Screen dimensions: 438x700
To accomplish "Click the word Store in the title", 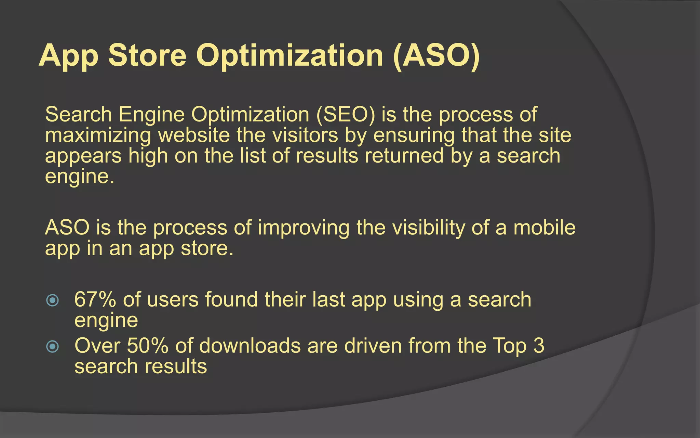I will (147, 55).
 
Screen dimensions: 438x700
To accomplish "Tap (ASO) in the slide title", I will (436, 55).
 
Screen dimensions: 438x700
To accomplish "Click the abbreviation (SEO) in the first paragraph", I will (346, 115).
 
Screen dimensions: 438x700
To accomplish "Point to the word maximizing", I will (98, 136).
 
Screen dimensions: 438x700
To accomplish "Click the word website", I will (194, 135).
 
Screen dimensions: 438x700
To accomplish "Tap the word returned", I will (404, 156).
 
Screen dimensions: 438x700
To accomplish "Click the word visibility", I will (428, 228).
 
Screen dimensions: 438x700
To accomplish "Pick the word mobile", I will (544, 228).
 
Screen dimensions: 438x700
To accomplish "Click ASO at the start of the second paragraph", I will (67, 228).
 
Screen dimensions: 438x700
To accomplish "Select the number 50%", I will (148, 346).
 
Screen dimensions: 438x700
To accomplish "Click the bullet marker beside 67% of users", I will (53, 300).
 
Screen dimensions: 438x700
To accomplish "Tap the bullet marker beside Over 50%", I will (53, 347).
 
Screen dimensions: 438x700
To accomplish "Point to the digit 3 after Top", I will (538, 346).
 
